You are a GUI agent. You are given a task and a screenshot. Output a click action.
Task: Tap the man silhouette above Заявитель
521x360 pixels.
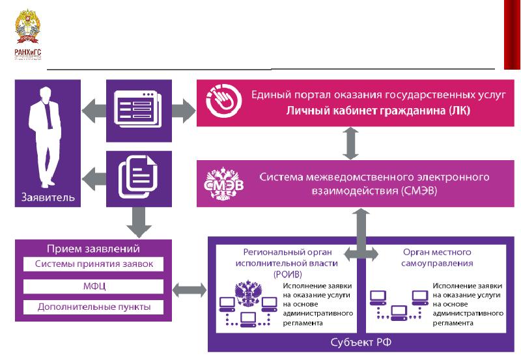[46, 140]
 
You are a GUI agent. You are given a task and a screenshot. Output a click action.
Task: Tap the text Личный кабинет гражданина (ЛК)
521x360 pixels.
[378, 111]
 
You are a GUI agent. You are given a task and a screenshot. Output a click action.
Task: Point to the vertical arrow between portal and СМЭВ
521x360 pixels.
[351, 143]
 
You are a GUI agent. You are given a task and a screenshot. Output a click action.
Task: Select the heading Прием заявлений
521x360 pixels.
[92, 249]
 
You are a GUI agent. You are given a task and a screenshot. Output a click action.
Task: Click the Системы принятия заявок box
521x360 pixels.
[92, 264]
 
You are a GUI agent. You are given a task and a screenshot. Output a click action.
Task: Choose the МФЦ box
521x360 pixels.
[92, 285]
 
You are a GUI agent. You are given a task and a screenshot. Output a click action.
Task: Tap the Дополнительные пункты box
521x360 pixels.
[92, 306]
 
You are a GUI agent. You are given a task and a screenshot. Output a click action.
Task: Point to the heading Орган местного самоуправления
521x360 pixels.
[438, 257]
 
